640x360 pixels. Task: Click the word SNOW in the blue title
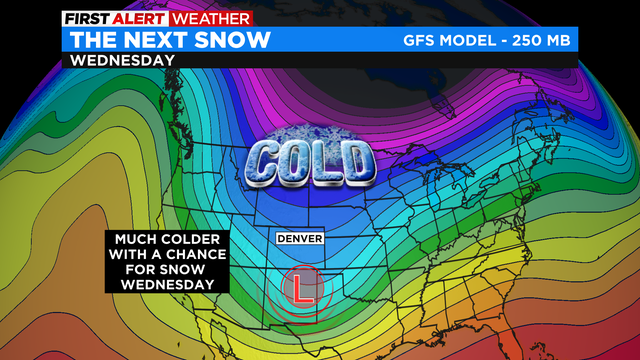tap(241, 40)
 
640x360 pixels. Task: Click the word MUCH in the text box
tap(135, 241)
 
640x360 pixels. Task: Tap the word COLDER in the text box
tap(193, 241)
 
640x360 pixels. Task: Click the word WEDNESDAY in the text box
tap(167, 286)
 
